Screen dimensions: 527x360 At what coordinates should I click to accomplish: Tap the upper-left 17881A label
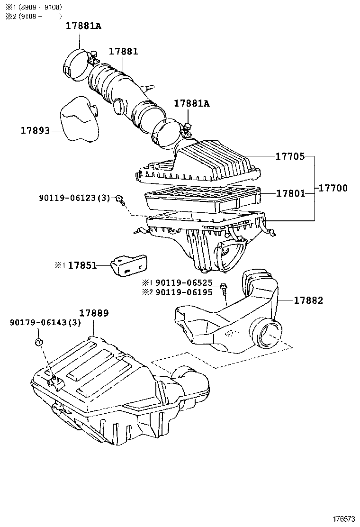[83, 27]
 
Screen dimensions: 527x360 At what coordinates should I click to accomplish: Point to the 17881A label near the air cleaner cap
[191, 103]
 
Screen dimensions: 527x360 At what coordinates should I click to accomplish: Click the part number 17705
[290, 156]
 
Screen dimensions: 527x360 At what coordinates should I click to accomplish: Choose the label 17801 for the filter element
[290, 193]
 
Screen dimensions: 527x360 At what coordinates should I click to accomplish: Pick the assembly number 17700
[333, 188]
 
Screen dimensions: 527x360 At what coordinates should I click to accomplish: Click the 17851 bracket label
[82, 266]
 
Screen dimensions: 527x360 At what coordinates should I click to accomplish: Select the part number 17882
[308, 300]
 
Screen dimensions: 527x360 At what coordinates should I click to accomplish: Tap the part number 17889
[94, 313]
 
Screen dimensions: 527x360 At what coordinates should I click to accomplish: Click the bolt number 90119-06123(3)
[74, 198]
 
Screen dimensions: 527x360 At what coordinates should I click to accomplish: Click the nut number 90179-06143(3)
[45, 323]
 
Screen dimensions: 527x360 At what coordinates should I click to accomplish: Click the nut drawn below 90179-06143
[40, 342]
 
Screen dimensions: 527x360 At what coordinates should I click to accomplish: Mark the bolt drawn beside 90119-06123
[121, 199]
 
